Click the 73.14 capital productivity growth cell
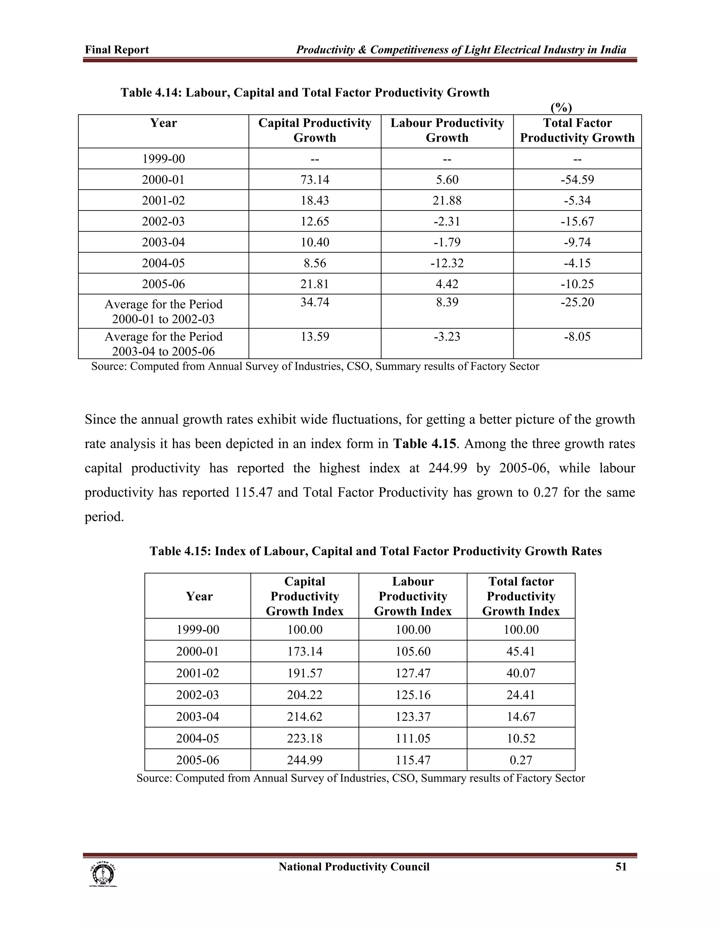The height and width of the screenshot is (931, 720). coord(315,180)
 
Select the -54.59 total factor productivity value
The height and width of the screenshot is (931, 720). coord(577,180)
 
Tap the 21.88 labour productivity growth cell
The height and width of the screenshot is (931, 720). coord(447,200)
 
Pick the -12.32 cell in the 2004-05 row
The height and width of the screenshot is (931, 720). coord(447,263)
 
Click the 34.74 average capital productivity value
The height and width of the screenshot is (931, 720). coord(315,302)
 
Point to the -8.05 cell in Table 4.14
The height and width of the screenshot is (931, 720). coord(577,337)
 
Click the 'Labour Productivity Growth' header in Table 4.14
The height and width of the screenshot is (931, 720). coord(447,130)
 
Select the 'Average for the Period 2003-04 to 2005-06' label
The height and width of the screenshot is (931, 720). coord(163,344)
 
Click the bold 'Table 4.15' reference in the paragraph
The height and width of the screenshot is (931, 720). coord(424,444)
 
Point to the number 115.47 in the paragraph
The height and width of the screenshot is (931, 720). coord(253,492)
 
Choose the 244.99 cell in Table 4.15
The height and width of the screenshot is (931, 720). coord(304,760)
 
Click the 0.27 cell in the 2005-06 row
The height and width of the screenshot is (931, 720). coord(521,760)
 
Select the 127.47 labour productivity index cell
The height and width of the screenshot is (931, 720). coord(413,673)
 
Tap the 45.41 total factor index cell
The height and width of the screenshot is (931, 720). coord(521,651)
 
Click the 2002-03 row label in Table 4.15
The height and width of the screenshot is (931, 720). coord(198,695)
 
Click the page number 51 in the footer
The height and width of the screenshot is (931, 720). coord(621,867)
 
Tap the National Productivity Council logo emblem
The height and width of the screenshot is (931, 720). coord(103,874)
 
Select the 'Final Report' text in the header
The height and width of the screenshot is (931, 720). coord(117,50)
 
